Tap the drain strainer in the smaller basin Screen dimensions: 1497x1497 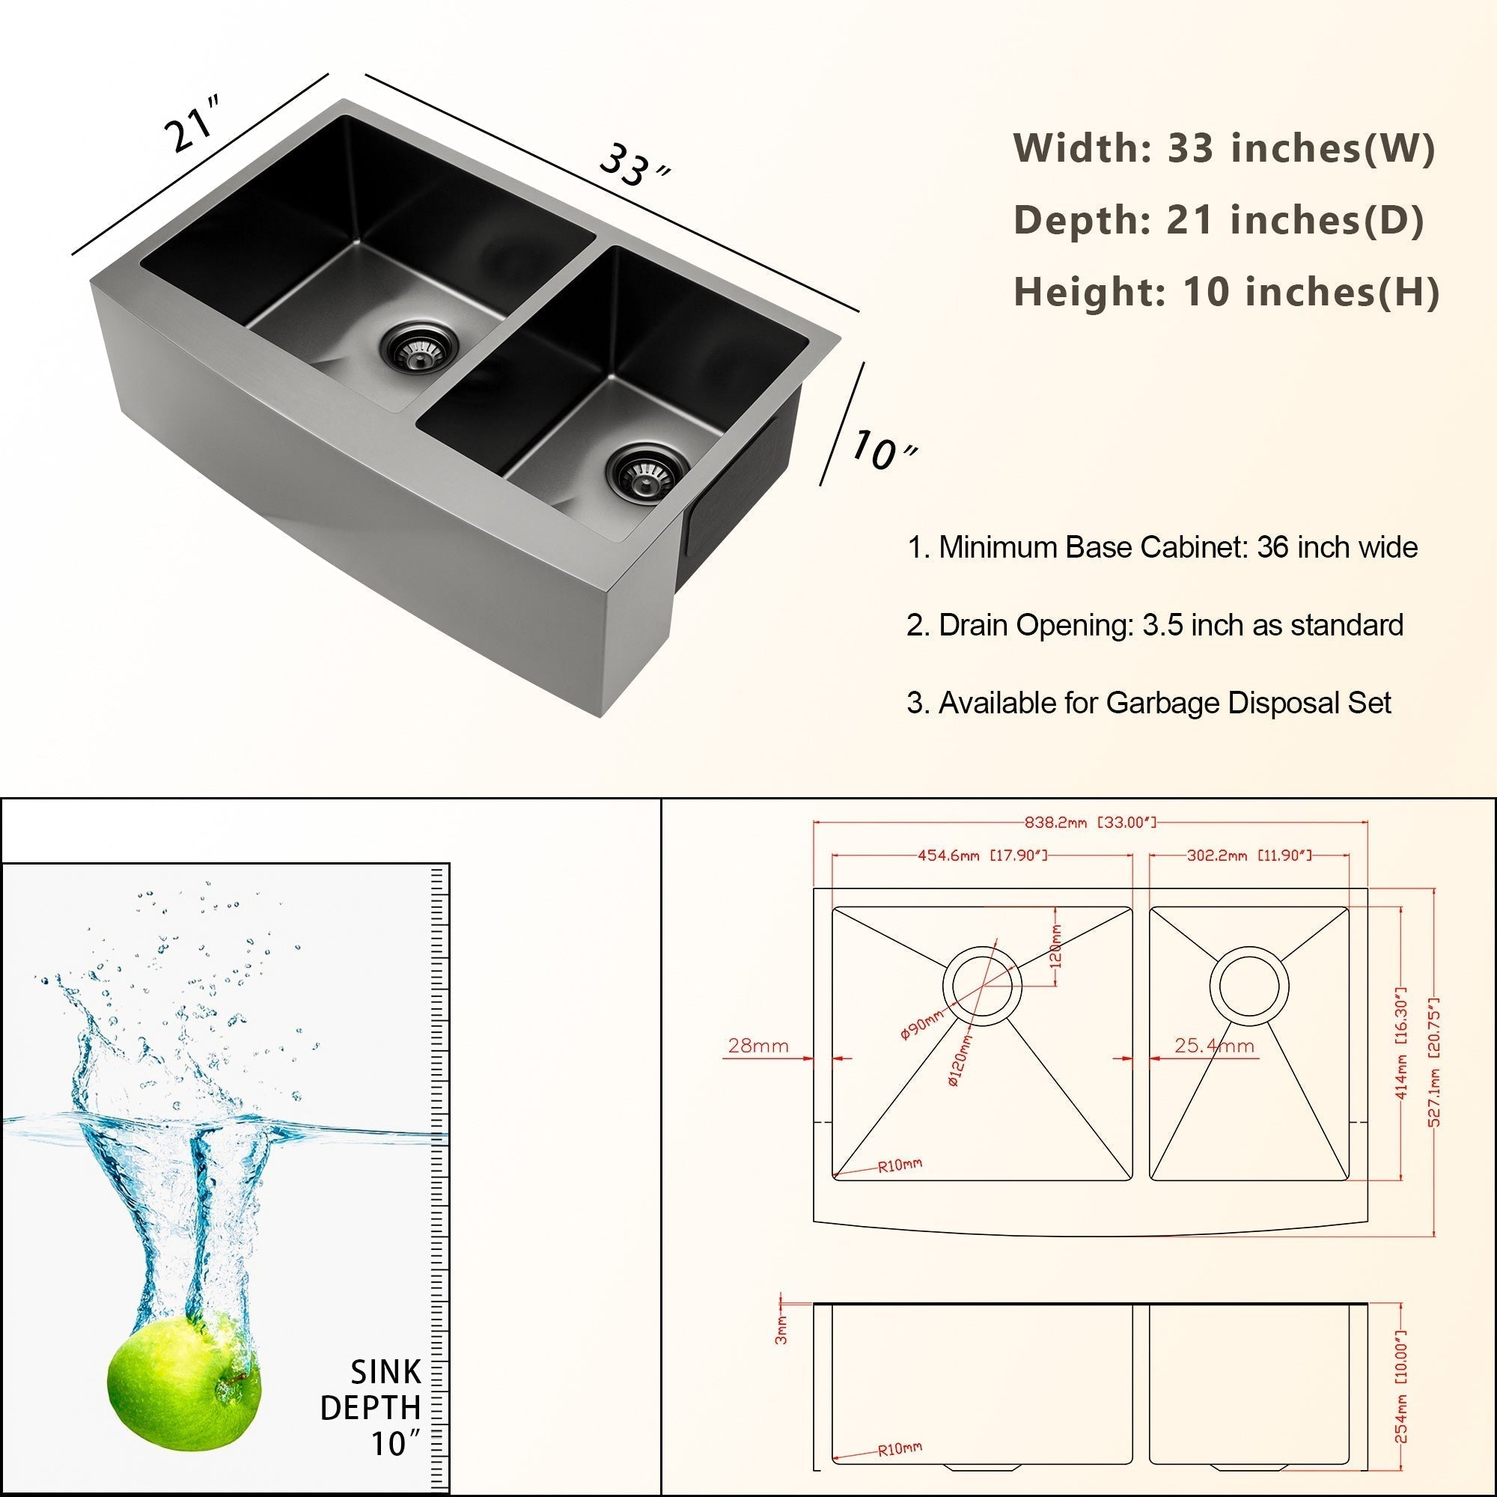647,472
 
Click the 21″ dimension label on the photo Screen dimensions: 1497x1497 193,124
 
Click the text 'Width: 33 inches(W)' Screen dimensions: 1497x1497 1225,147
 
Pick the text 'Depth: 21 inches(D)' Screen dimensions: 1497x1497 1219,219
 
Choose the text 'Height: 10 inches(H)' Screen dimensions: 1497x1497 1227,291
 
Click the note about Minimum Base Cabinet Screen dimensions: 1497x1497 1162,547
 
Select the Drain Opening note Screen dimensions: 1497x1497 1154,624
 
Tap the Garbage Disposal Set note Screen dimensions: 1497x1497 1149,703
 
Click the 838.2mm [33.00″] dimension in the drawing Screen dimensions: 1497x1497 1089,821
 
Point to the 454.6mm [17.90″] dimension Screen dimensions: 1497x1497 982,856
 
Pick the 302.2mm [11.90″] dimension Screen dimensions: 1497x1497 1249,856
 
